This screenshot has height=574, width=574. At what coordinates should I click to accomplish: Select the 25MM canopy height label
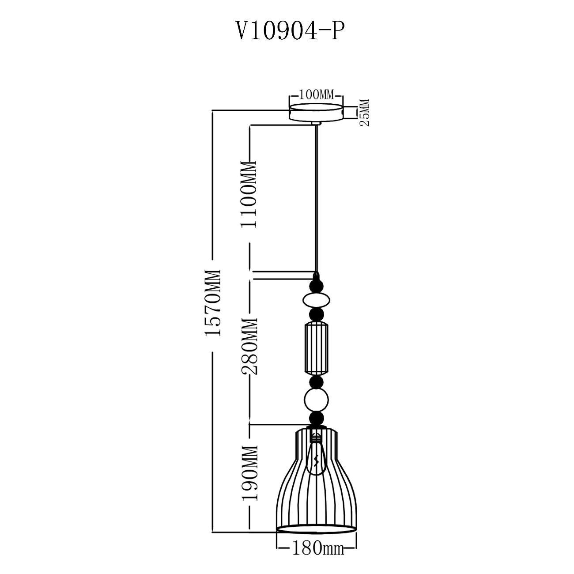(x=364, y=113)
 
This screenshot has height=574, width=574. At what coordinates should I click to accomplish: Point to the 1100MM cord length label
(x=249, y=195)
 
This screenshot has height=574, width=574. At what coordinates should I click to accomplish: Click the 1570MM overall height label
(x=213, y=303)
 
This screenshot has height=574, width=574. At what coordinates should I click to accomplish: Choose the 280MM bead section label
(x=249, y=346)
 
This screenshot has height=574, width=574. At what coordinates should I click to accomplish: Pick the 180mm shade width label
(x=318, y=530)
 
